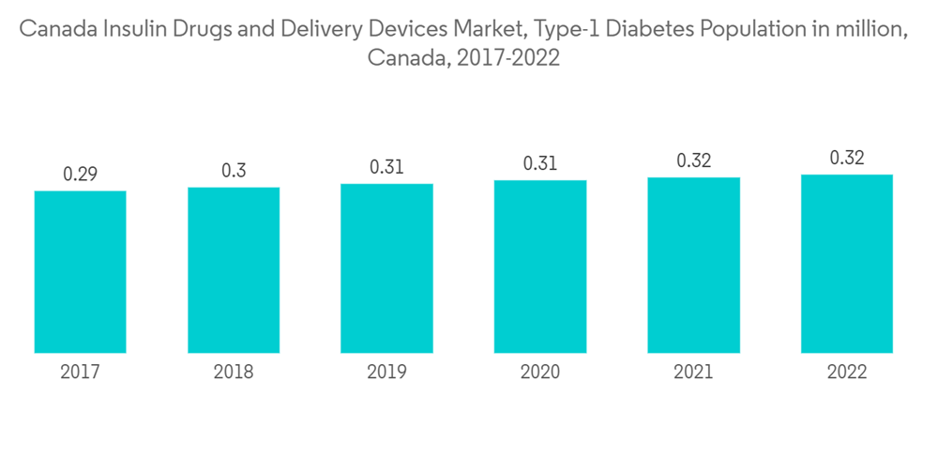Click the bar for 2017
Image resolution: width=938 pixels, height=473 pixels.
(x=81, y=272)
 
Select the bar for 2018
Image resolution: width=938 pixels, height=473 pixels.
(x=234, y=270)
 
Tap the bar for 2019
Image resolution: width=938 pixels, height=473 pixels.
(x=386, y=268)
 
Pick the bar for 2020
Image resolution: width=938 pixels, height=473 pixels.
(x=540, y=267)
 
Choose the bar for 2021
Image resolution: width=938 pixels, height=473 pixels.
(x=693, y=266)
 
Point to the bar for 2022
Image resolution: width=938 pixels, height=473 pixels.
(x=846, y=264)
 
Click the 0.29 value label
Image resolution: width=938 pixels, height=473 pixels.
(x=81, y=174)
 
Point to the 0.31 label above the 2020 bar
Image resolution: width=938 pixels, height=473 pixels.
(x=540, y=163)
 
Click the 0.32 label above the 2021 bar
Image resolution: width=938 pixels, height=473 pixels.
(x=693, y=160)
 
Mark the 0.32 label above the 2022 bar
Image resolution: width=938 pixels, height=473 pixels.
(x=846, y=158)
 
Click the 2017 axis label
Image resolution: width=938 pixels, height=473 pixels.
(x=81, y=373)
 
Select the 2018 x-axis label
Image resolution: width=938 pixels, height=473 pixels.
(x=234, y=373)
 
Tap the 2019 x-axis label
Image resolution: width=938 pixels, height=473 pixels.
(x=386, y=373)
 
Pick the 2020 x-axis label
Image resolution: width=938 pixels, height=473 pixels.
(x=540, y=373)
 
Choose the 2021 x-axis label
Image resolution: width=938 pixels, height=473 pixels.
(x=693, y=373)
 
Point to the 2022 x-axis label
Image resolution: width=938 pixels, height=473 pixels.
(x=846, y=373)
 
